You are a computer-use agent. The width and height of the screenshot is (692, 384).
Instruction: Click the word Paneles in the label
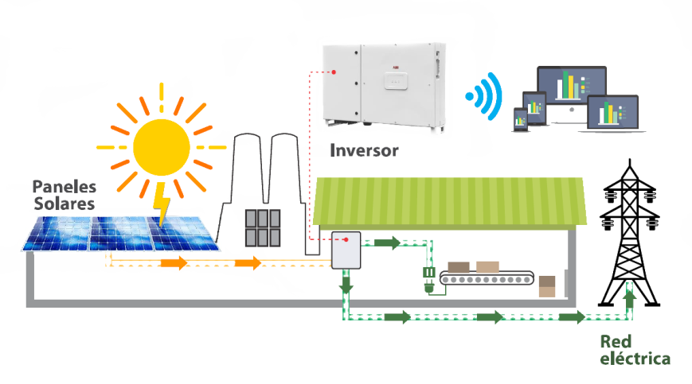coord(64,187)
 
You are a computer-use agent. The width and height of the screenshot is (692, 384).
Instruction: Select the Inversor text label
coord(364,150)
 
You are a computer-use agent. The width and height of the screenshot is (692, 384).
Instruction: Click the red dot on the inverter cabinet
coord(334,72)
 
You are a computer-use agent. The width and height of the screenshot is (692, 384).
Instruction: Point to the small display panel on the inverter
coord(393,80)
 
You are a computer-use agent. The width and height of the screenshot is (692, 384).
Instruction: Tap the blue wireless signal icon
coord(485,95)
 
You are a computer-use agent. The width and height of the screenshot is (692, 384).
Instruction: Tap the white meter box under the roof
coord(346,250)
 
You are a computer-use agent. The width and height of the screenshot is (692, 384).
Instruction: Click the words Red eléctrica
coord(635,350)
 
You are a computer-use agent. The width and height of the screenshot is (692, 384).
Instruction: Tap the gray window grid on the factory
coord(263,228)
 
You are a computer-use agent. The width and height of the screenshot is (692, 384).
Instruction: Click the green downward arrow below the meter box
coord(346,283)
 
